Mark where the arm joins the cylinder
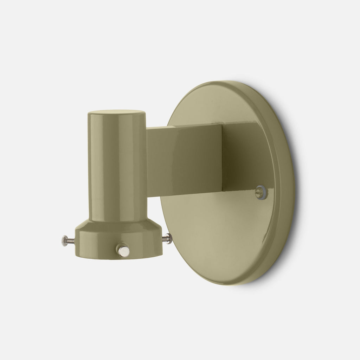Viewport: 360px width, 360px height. (147, 158)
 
